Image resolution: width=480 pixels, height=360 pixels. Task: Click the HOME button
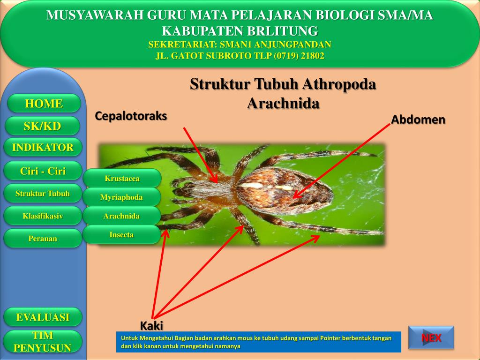[x=44, y=104]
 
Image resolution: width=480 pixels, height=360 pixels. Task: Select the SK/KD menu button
[x=43, y=126]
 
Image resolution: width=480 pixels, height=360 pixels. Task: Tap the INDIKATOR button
[x=43, y=147]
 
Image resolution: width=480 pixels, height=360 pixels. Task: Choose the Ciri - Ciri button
[x=43, y=171]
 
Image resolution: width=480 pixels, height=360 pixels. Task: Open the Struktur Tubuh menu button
[x=43, y=194]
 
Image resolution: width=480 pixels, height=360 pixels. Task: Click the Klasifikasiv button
[x=43, y=216]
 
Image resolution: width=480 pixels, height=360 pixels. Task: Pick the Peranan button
[x=43, y=239]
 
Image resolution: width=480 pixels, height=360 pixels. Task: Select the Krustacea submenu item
[x=122, y=178]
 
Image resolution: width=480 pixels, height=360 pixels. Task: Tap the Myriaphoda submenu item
[x=121, y=197]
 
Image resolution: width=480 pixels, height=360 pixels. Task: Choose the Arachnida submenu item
[x=121, y=216]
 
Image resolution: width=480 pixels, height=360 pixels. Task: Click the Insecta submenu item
[x=121, y=235]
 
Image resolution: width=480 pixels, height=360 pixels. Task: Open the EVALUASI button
[x=43, y=317]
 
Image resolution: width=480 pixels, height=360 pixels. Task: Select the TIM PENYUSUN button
[x=43, y=342]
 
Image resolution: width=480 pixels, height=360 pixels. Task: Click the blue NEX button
[x=431, y=337]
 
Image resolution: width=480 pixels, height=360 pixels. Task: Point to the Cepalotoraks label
[x=131, y=116]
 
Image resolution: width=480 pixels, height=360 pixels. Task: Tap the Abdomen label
[x=418, y=120]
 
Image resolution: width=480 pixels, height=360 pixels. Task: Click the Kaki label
[x=151, y=326]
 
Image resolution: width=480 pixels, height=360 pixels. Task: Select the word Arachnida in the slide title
[x=283, y=103]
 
